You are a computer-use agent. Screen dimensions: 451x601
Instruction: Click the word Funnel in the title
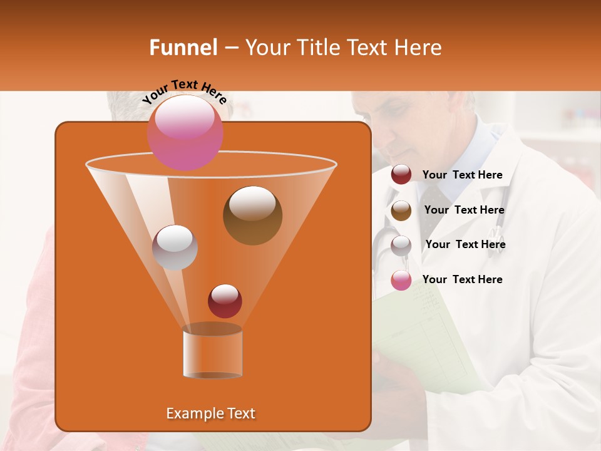(183, 48)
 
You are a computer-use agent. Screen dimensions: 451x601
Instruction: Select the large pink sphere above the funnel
(185, 132)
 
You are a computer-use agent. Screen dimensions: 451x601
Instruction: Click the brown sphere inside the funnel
(252, 215)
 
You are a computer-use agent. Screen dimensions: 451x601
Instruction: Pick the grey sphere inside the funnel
(175, 247)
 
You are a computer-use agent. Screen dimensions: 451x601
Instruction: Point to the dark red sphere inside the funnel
(225, 301)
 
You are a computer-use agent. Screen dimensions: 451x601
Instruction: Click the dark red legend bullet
(401, 175)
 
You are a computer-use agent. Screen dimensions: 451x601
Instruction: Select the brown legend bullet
(401, 210)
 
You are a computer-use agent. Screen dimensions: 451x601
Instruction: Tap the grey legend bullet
(401, 245)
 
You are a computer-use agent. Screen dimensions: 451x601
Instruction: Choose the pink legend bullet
(401, 280)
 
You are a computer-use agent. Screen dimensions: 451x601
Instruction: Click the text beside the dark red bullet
(462, 175)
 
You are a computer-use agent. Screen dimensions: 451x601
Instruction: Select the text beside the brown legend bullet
(464, 210)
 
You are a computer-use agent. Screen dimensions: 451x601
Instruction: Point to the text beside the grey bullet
(465, 244)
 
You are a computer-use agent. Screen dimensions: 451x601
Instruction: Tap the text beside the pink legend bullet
(462, 279)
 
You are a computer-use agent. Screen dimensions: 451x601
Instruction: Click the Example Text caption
(210, 413)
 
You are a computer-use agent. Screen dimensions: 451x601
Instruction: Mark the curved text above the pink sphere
(184, 91)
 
